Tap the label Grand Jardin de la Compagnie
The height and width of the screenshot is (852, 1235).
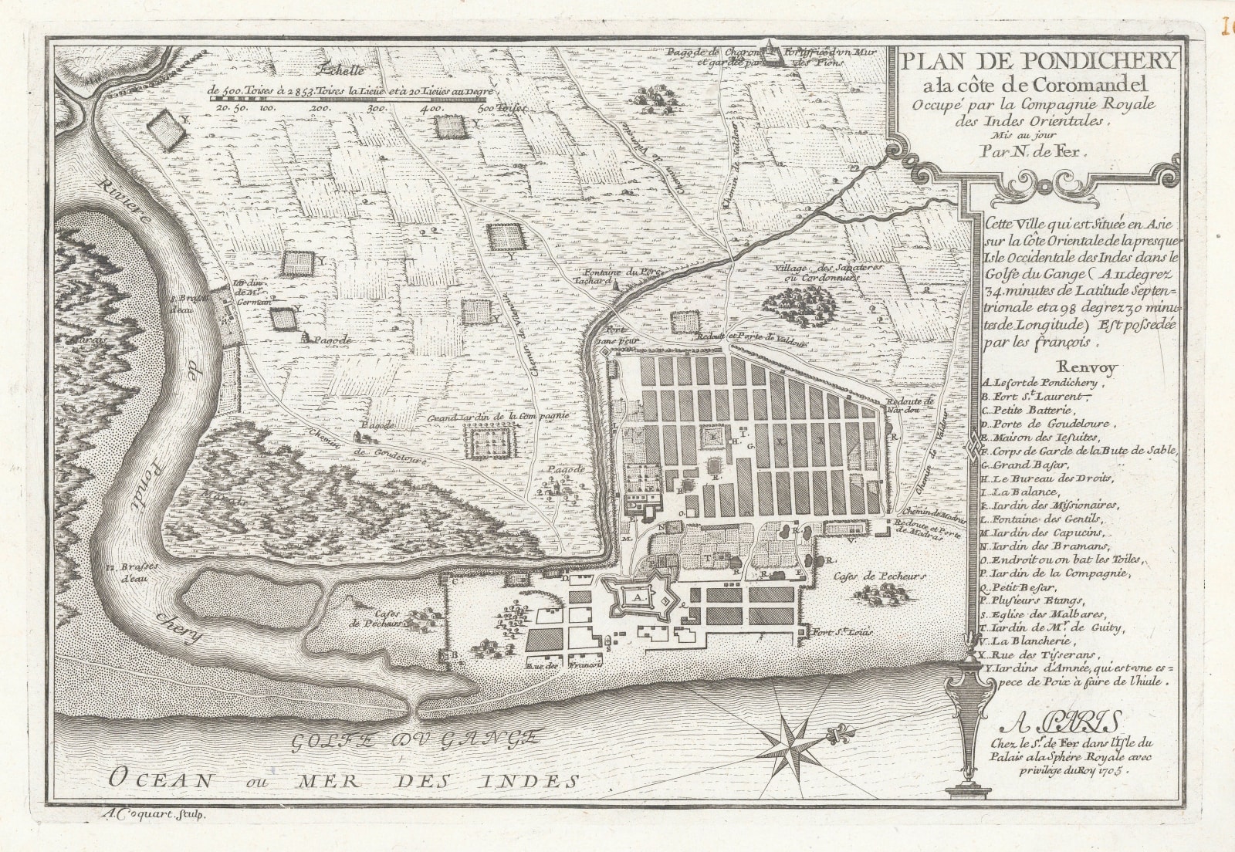click(499, 417)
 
